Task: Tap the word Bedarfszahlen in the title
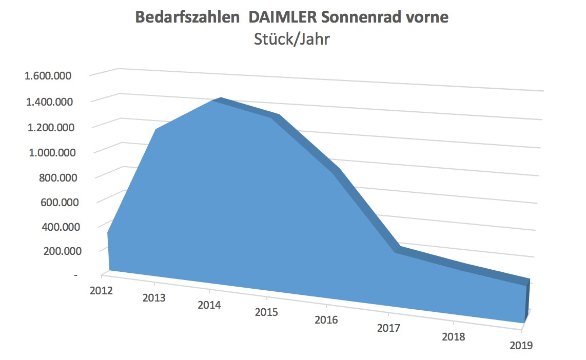187,17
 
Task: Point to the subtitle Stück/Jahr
291,39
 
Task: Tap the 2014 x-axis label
209,305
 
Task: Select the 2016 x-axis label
326,320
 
